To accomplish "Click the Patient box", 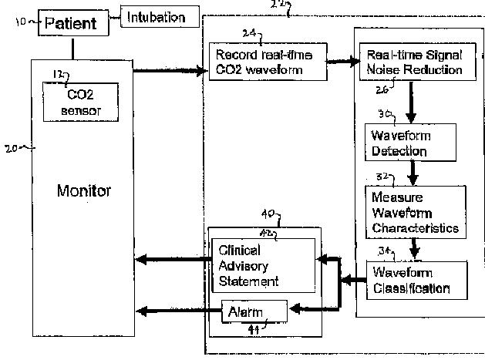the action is (x=73, y=23).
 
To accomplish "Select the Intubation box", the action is (x=160, y=16).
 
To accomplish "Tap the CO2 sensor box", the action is (x=80, y=102).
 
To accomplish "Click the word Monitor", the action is (x=84, y=190).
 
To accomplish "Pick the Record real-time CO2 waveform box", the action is (x=268, y=62).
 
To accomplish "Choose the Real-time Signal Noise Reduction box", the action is (x=418, y=62).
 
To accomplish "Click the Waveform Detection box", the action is (x=410, y=143).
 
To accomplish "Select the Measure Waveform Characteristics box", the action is (x=416, y=212).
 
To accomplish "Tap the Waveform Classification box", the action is (x=416, y=281).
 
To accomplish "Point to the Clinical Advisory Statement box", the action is (x=264, y=265).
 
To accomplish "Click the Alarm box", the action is (x=254, y=311).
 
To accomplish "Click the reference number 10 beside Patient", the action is (x=21, y=22).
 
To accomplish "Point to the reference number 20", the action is (x=11, y=149).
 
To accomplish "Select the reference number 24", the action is (x=249, y=33).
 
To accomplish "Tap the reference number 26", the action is (x=382, y=89).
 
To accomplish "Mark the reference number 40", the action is (x=268, y=214).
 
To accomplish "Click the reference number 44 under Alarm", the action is (x=254, y=330).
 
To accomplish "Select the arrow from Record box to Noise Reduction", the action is (x=343, y=62).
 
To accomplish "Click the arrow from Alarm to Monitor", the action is (x=179, y=311).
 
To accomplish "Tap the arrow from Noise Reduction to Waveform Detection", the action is (x=411, y=103).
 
